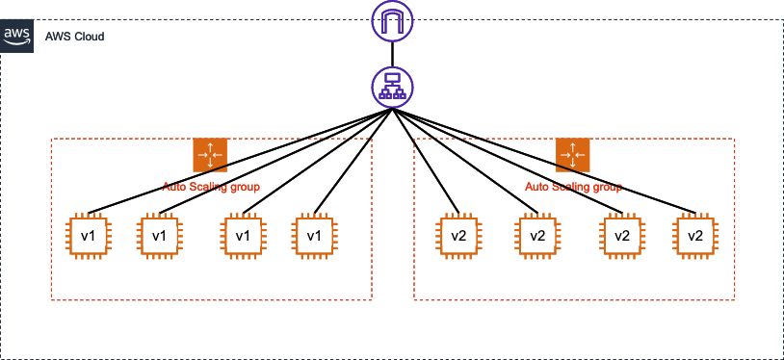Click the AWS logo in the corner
coord(16,36)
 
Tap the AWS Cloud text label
coord(74,36)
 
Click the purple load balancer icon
coord(392,88)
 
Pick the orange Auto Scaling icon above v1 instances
coord(209,155)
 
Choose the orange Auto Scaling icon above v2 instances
coord(572,155)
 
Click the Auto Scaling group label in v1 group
coord(211,186)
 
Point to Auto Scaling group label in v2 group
coord(573,186)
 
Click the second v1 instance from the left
coord(160,236)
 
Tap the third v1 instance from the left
coord(244,236)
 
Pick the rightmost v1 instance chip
coord(314,236)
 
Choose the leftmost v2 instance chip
coord(459,236)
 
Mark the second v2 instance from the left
coord(538,236)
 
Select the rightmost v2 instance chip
coord(695,236)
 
